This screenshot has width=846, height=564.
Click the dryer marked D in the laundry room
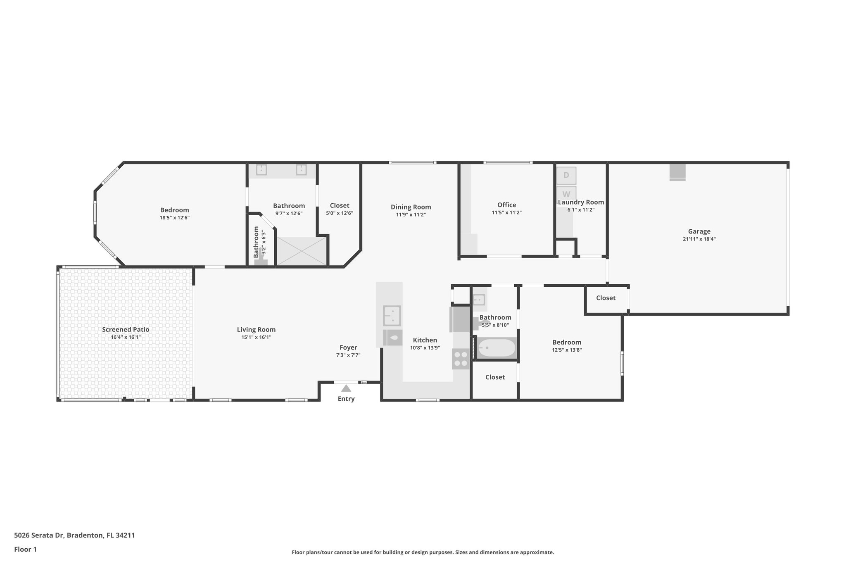pyautogui.click(x=566, y=175)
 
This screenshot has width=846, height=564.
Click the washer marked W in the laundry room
pyautogui.click(x=566, y=193)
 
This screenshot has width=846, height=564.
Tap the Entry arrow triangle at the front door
pyautogui.click(x=346, y=388)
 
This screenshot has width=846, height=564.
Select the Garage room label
pyautogui.click(x=699, y=231)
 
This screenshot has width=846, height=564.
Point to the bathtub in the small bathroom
pyautogui.click(x=497, y=348)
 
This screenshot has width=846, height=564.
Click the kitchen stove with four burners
pyautogui.click(x=461, y=359)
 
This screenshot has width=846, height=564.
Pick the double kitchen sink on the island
pyautogui.click(x=392, y=315)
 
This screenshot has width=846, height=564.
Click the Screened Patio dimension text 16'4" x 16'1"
pyautogui.click(x=126, y=337)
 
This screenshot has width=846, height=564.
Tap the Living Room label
pyautogui.click(x=256, y=329)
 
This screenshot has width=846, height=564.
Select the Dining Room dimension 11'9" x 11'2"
pyautogui.click(x=411, y=215)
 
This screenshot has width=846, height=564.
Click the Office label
pyautogui.click(x=506, y=205)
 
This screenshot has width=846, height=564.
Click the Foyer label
pyautogui.click(x=348, y=347)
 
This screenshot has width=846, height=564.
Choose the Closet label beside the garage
pyautogui.click(x=606, y=298)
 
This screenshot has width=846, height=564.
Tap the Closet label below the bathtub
pyautogui.click(x=495, y=377)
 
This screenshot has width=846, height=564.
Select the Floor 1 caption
pyautogui.click(x=25, y=549)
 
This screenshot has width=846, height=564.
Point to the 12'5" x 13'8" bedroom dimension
pyautogui.click(x=567, y=350)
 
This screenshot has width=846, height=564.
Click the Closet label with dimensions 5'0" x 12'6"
pyautogui.click(x=340, y=206)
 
